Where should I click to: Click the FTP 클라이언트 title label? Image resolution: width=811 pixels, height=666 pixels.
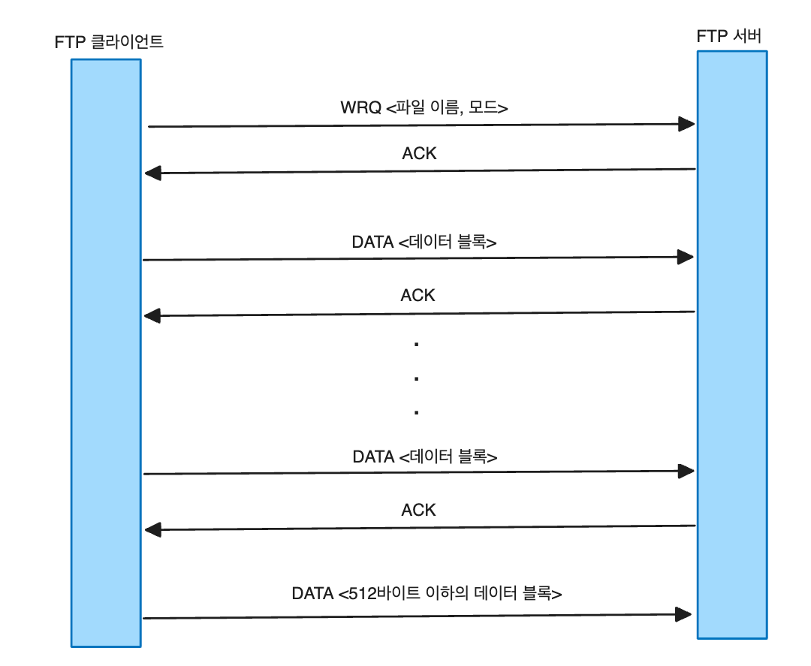coord(109,42)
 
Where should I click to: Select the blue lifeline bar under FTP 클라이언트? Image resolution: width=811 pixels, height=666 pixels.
coord(106,353)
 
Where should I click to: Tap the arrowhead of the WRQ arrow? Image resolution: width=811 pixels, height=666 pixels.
coord(686,124)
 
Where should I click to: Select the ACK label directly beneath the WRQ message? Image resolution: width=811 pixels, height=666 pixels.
coord(419,153)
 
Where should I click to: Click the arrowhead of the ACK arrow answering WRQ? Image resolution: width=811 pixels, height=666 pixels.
coord(152,173)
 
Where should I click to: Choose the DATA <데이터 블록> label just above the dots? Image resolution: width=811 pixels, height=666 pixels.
coord(424,243)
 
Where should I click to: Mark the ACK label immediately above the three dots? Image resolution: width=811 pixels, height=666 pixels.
coord(418,295)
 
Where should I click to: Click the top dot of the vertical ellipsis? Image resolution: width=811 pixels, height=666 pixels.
coord(415,344)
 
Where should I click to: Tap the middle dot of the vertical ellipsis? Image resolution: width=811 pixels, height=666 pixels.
coord(415,378)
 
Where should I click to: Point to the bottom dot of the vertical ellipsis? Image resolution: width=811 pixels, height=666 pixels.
coord(415,412)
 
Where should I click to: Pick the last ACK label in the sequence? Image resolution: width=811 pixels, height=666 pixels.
coord(418,510)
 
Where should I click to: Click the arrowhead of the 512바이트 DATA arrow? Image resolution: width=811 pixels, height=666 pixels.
coord(683,614)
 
